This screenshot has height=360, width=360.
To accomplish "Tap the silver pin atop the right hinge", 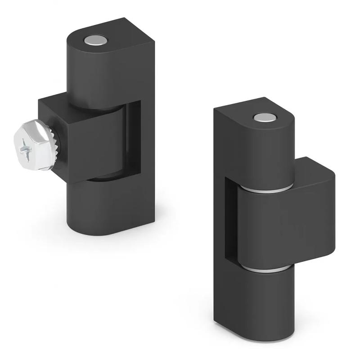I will pyautogui.click(x=263, y=118).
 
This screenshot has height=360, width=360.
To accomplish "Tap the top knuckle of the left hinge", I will pyautogui.click(x=90, y=72).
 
